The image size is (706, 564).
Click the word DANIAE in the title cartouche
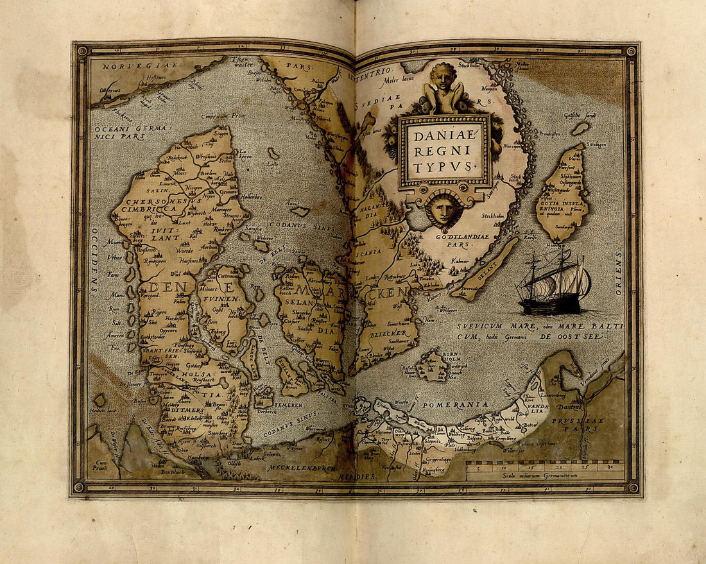click(445, 136)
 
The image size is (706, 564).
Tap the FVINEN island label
click(222, 298)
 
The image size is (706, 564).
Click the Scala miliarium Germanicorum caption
click(545, 474)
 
